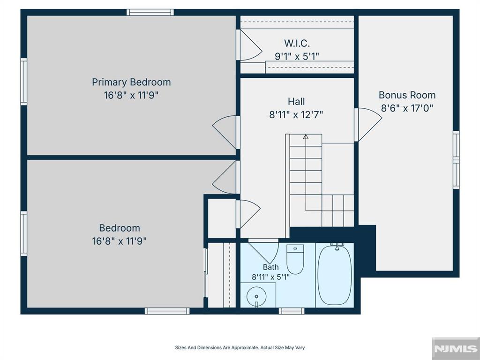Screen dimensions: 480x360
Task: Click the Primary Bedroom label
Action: [131, 82]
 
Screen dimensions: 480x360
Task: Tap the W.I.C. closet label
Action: [297, 43]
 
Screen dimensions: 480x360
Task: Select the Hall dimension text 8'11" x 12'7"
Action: [296, 115]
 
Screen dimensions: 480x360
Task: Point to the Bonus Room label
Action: [407, 95]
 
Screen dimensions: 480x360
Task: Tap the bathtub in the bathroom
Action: [334, 275]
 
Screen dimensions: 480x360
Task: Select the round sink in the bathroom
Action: [256, 296]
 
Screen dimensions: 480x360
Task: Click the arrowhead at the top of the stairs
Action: [306, 136]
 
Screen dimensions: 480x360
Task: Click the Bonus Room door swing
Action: [368, 124]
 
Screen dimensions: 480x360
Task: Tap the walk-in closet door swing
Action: [249, 45]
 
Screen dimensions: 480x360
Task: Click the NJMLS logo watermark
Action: [456, 348]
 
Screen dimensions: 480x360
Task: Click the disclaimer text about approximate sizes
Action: [240, 347]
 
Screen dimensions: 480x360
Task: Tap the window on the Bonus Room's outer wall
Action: [456, 160]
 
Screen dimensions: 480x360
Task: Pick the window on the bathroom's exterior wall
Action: [292, 311]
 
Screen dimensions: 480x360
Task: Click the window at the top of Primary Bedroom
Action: [150, 12]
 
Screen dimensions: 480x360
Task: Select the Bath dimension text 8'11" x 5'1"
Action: [270, 277]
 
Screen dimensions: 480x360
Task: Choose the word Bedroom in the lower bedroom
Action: [120, 228]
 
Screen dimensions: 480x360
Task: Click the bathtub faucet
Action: [337, 246]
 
